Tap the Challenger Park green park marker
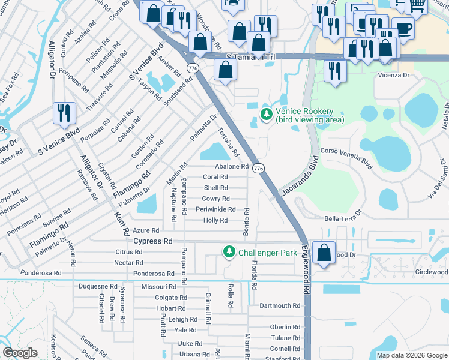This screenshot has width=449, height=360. coord(229,253)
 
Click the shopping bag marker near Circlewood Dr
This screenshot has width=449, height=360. coord(324,253)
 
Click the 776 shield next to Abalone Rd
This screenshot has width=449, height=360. coord(258,169)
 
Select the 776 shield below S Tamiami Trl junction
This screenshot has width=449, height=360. coord(193,68)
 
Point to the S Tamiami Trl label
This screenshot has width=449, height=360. coord(250,57)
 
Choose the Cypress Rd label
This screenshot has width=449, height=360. coord(152,241)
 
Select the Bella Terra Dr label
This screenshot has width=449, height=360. coord(343,217)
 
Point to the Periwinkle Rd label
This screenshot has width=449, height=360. coord(215,209)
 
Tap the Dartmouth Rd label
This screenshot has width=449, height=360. coord(279,305)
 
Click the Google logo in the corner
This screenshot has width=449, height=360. coord(20,353)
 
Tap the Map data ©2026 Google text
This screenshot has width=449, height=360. coord(411,355)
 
